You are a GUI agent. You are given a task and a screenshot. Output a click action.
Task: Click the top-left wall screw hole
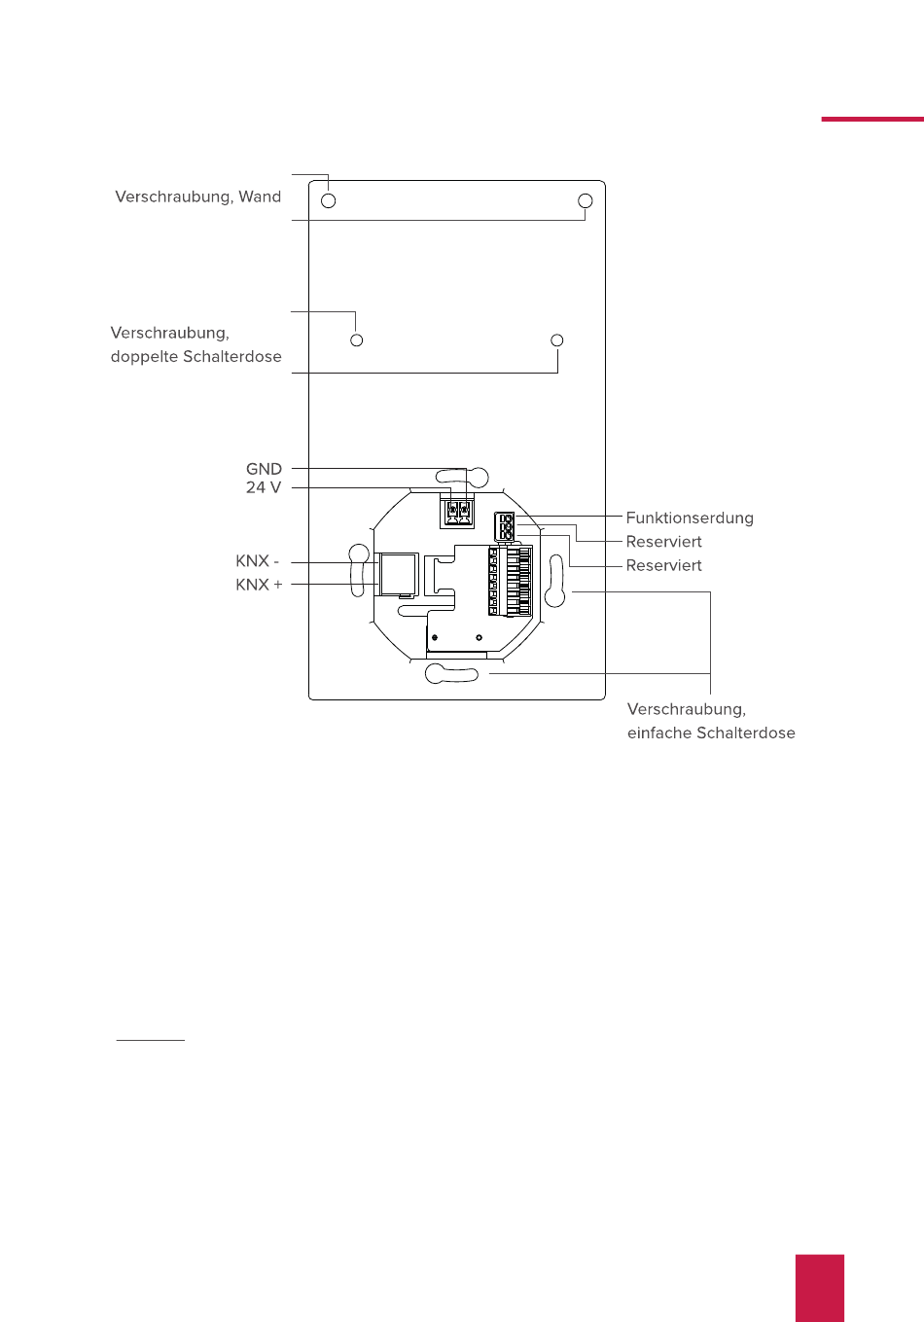(x=329, y=201)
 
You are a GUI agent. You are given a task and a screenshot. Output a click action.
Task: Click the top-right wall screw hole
(x=586, y=201)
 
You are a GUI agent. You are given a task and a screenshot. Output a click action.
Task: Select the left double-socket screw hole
(x=357, y=340)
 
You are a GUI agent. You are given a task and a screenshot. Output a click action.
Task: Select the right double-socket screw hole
(x=557, y=340)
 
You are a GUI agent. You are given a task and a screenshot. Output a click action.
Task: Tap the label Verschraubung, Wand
(x=197, y=197)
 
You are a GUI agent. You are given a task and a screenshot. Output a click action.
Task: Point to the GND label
(x=264, y=469)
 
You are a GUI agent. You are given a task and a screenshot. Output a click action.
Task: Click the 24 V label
(x=263, y=487)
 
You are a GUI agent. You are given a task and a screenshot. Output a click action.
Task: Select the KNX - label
(x=257, y=561)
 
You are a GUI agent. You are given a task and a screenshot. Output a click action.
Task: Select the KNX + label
(x=259, y=585)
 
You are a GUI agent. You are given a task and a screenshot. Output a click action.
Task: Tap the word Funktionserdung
(x=690, y=518)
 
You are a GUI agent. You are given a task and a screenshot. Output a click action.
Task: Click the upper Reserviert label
(x=663, y=542)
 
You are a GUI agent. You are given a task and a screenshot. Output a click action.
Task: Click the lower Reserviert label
(x=663, y=565)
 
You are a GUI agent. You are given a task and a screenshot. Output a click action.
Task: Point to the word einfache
(x=658, y=733)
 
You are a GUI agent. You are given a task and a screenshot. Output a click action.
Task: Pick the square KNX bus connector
(x=398, y=574)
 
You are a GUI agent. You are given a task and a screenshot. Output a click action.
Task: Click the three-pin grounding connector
(x=505, y=527)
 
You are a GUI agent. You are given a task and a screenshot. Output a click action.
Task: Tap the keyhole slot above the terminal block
(x=461, y=477)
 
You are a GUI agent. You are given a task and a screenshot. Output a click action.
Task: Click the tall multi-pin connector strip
(x=511, y=581)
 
